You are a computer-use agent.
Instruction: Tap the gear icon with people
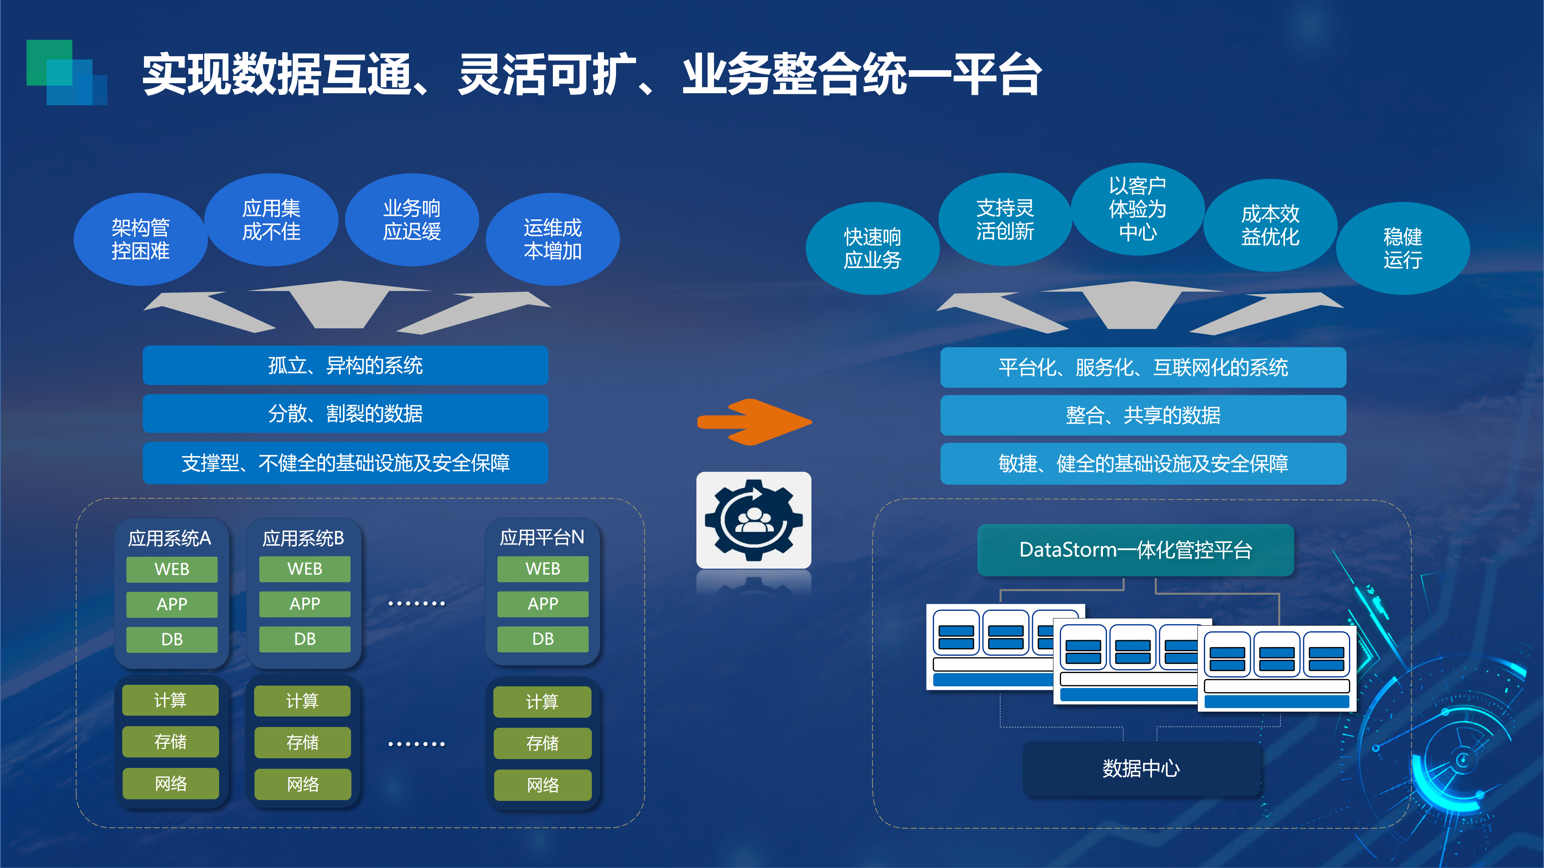(x=754, y=520)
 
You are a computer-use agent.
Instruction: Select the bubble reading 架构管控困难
(x=140, y=239)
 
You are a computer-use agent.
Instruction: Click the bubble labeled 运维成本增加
(x=552, y=239)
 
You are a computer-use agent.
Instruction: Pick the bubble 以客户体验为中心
(x=1137, y=209)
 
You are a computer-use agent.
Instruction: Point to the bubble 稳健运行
(x=1402, y=248)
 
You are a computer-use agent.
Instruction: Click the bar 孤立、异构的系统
(x=345, y=365)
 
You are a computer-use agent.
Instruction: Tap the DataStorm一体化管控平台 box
(x=1135, y=550)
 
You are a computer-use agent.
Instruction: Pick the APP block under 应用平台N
(x=542, y=604)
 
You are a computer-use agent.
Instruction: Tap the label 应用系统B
(x=303, y=538)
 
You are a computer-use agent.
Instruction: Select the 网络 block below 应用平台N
(x=542, y=785)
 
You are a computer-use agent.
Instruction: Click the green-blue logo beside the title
(x=66, y=72)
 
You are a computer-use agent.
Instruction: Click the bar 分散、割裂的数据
(x=345, y=414)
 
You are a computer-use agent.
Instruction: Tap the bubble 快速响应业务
(x=872, y=248)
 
